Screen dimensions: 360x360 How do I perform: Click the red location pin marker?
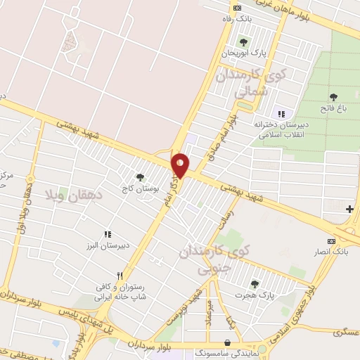coord(180,165)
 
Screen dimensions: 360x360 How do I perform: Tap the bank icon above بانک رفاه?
coord(236,8)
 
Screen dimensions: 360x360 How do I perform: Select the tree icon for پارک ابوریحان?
coord(244,41)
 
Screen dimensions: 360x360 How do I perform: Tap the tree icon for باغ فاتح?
coord(333,98)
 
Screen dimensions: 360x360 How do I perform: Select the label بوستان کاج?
coord(139,189)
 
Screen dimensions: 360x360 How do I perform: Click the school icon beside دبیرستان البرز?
coord(107,234)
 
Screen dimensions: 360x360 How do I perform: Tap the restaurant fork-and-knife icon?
coord(120,276)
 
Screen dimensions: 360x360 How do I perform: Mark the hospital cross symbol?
coord(349,209)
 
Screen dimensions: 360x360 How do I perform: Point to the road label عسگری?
coord(342,332)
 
